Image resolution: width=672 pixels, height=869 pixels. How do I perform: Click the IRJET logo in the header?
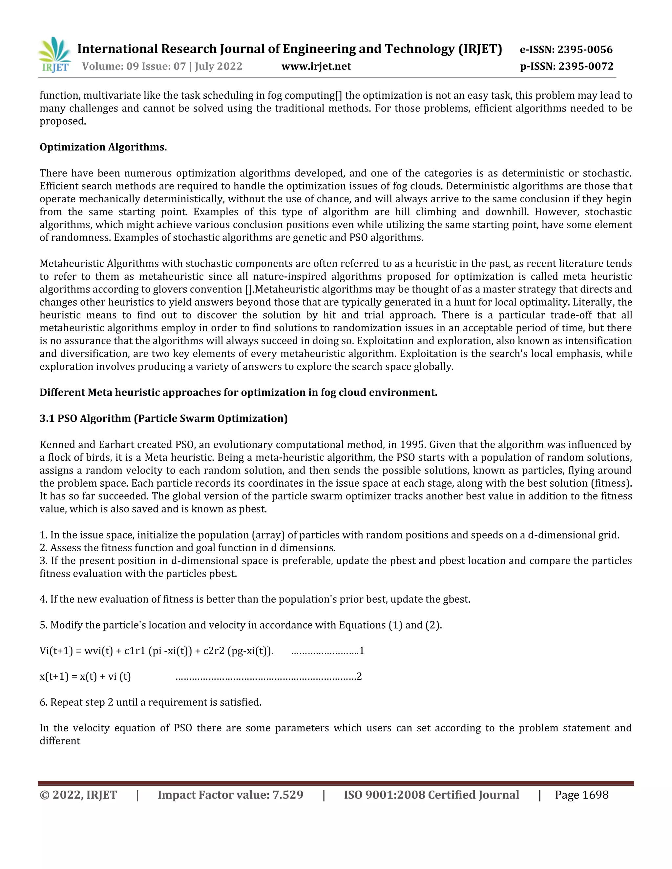[54, 55]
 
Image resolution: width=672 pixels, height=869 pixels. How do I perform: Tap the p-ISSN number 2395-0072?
[586, 67]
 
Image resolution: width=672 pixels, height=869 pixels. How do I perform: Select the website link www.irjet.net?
[316, 67]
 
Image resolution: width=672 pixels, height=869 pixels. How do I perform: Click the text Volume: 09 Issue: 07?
[134, 67]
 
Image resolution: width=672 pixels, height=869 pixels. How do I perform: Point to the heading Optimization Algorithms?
[103, 147]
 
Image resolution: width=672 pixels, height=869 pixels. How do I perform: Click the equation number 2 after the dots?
[359, 677]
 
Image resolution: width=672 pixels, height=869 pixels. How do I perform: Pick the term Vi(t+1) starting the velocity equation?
[56, 651]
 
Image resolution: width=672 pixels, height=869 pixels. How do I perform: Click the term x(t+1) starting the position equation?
[54, 677]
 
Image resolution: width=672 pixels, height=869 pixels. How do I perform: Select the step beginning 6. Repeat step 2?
[151, 702]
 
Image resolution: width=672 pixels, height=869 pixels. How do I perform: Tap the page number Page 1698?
[582, 795]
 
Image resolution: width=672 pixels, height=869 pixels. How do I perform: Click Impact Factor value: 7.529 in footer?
[230, 795]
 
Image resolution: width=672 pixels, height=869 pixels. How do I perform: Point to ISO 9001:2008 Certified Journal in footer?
[431, 795]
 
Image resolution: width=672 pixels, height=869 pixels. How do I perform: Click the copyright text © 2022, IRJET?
[78, 795]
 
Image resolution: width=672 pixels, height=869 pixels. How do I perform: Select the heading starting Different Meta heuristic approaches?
[238, 393]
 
